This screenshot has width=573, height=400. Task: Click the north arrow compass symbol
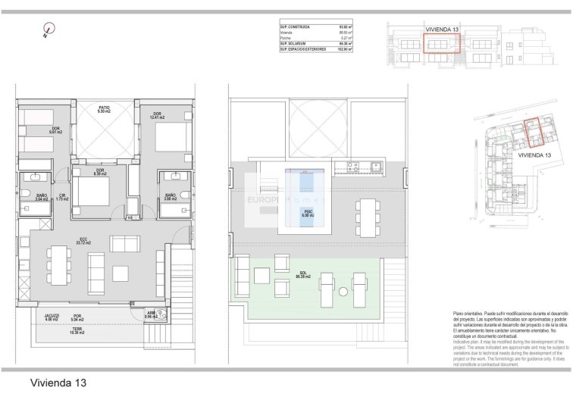pos(49,31)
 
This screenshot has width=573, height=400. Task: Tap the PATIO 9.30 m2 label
pos(104,110)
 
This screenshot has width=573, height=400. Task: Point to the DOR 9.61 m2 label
pos(55,130)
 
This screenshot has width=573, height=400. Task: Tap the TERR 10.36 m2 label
pos(77,330)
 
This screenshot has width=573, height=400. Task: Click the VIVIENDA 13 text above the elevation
pos(441,28)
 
